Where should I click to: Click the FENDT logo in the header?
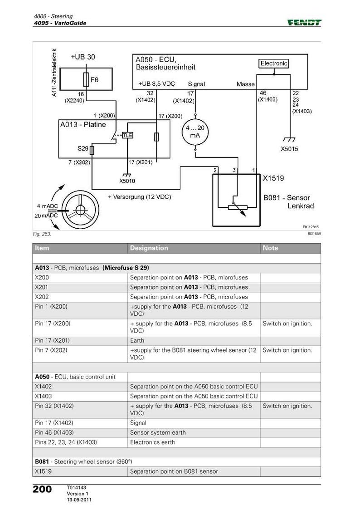click(x=304, y=22)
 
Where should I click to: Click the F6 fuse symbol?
click(x=86, y=80)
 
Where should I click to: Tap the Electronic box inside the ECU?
click(x=274, y=64)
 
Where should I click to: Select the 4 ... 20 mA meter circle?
click(x=195, y=132)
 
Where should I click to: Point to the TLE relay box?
click(x=127, y=135)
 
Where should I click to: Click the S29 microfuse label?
click(x=83, y=149)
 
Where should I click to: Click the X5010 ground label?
click(x=127, y=181)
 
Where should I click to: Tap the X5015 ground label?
click(x=289, y=149)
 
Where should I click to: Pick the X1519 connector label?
click(x=273, y=178)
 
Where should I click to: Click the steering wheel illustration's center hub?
click(x=80, y=210)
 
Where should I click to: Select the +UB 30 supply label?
click(x=83, y=57)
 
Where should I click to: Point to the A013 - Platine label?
click(x=83, y=125)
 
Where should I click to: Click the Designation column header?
click(x=149, y=248)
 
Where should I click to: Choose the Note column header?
click(x=270, y=248)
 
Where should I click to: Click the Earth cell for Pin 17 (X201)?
click(x=137, y=341)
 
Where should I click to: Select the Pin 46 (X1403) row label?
click(x=54, y=432)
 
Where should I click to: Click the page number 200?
click(x=42, y=489)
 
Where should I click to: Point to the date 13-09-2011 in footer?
click(x=79, y=500)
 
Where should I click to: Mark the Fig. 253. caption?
click(x=42, y=234)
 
